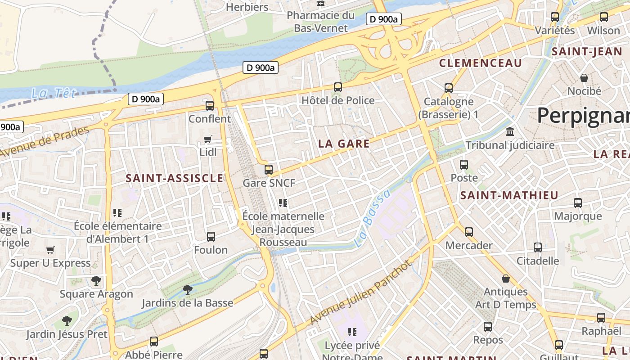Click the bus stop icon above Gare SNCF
click(269, 170)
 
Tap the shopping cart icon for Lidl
click(208, 139)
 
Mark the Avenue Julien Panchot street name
click(360, 292)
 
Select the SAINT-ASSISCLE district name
click(175, 178)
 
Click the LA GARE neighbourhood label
click(344, 144)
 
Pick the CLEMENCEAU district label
click(480, 63)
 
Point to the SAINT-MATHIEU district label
click(509, 195)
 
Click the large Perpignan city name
click(583, 115)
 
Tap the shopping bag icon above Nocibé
click(584, 78)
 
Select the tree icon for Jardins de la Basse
click(188, 290)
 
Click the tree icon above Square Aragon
click(96, 281)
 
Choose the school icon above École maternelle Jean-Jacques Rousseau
click(283, 203)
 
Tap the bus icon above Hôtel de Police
click(338, 87)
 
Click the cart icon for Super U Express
click(50, 250)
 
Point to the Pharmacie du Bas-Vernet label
click(321, 22)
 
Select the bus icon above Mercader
click(469, 232)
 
